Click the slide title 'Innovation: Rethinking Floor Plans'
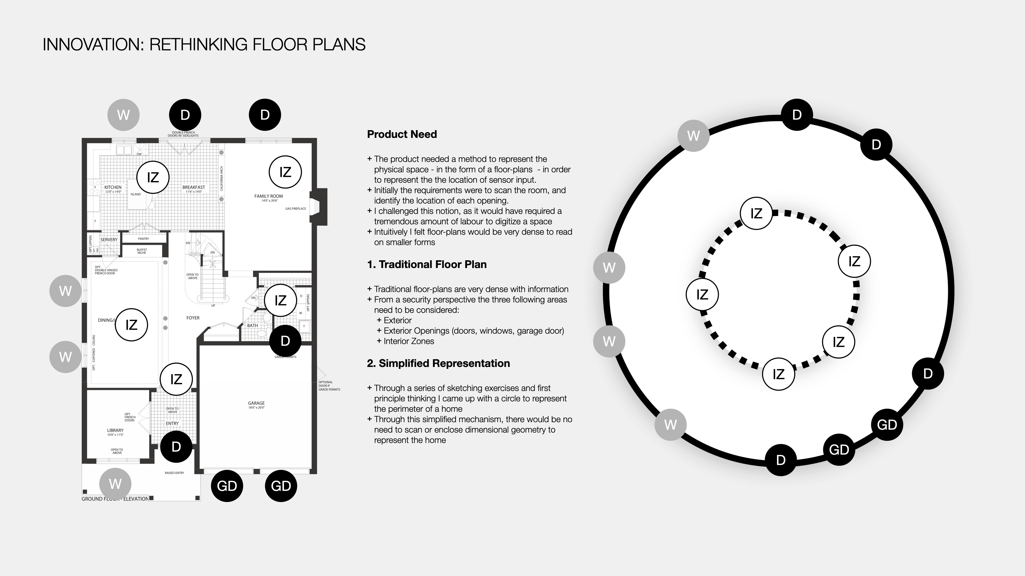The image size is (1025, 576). click(x=204, y=45)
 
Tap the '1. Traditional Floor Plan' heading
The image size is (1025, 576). click(x=427, y=264)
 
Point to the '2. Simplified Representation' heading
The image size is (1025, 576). click(x=438, y=363)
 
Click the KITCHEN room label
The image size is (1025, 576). click(x=113, y=187)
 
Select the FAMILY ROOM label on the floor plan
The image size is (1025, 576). click(x=269, y=196)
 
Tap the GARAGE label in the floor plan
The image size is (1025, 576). click(x=256, y=403)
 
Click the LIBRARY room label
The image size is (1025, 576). click(x=115, y=430)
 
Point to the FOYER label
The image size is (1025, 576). click(x=193, y=318)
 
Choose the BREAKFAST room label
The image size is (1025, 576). click(x=194, y=187)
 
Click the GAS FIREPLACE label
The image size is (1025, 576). click(x=296, y=209)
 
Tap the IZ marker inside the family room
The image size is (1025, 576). click(x=285, y=172)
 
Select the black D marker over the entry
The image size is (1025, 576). click(x=176, y=447)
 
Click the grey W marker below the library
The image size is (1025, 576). click(x=115, y=484)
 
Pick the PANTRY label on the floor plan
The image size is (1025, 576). click(x=143, y=239)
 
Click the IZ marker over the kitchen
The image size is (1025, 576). click(x=153, y=177)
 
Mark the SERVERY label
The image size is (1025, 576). click(x=109, y=240)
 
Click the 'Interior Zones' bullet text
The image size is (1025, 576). click(x=409, y=341)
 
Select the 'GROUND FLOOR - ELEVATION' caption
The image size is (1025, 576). click(x=115, y=499)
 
